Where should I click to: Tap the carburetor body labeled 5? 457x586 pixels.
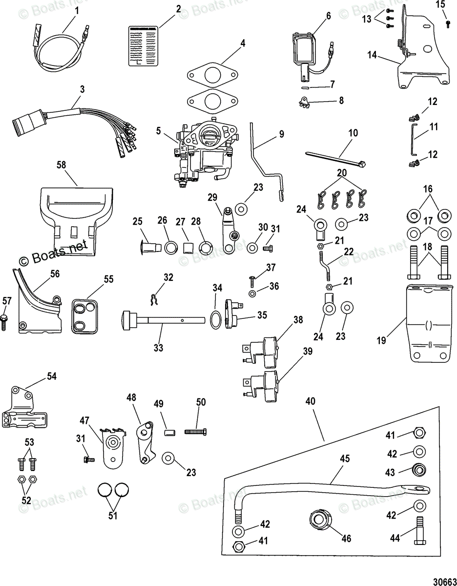[203, 151]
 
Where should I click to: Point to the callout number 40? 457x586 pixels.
[310, 401]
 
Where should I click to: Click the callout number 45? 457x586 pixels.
[345, 459]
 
